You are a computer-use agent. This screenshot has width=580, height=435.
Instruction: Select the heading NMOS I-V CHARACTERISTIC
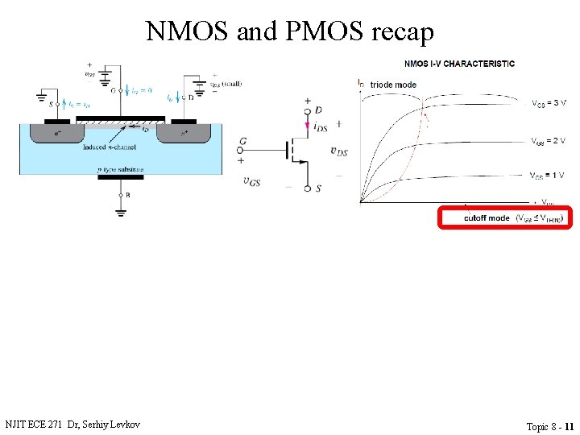pyautogui.click(x=459, y=64)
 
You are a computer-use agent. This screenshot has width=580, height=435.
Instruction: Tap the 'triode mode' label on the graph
pyautogui.click(x=393, y=85)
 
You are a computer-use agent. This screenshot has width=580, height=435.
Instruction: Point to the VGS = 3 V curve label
pyautogui.click(x=549, y=104)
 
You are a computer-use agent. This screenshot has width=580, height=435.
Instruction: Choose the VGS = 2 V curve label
pyautogui.click(x=549, y=142)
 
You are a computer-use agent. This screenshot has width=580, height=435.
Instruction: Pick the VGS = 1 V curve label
pyautogui.click(x=547, y=176)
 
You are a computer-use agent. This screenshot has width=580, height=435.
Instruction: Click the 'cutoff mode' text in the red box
pyautogui.click(x=487, y=218)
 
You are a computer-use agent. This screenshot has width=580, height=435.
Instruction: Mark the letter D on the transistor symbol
pyautogui.click(x=319, y=110)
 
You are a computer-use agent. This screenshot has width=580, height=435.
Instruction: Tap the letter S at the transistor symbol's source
pyautogui.click(x=318, y=189)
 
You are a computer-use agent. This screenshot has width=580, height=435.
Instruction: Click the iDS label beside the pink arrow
pyautogui.click(x=320, y=127)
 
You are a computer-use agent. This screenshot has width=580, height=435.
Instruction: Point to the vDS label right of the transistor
pyautogui.click(x=339, y=151)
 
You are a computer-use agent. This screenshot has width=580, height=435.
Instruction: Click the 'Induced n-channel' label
pyautogui.click(x=110, y=147)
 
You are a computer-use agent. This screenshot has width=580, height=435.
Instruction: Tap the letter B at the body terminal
pyautogui.click(x=127, y=194)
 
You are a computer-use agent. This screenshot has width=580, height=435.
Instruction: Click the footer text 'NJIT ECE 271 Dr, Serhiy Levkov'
pyautogui.click(x=72, y=424)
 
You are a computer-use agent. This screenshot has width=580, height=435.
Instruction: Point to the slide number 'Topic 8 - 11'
pyautogui.click(x=549, y=426)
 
